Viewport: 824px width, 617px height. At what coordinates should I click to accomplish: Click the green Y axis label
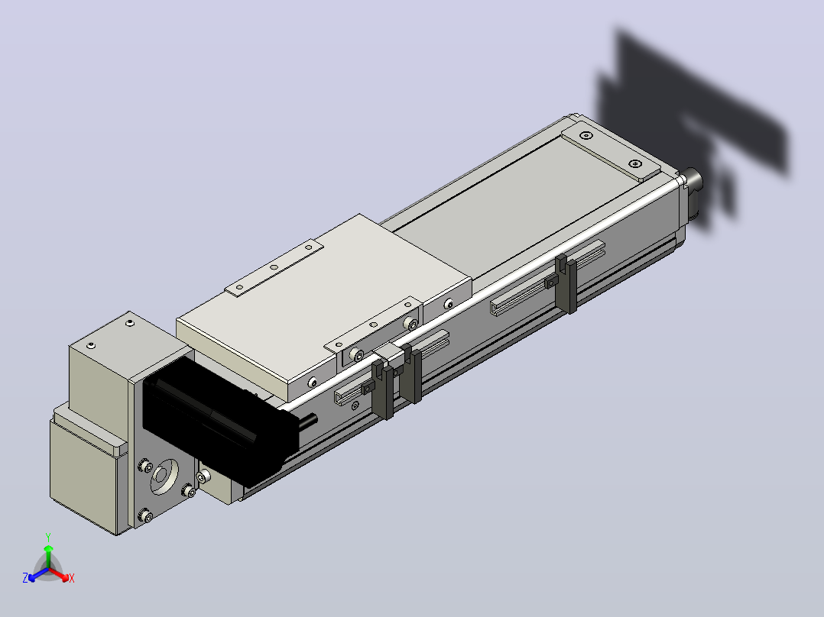click(x=48, y=537)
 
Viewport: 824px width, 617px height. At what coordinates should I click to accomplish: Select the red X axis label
click(x=72, y=578)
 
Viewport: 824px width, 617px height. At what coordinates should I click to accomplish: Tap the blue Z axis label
click(x=25, y=577)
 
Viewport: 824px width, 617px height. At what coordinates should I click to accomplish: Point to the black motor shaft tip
click(x=314, y=418)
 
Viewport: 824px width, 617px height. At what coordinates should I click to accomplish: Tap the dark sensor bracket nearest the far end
click(x=566, y=283)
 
